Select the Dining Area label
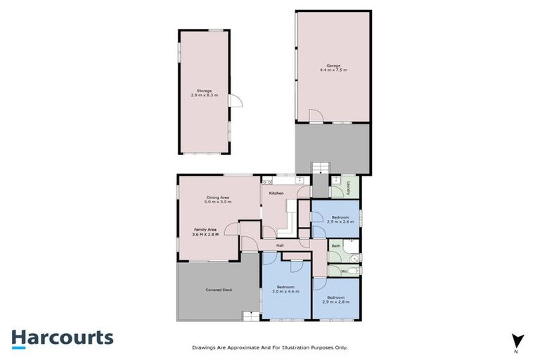point(218,200)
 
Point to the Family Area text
point(206,231)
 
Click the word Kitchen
point(276,193)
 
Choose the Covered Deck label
point(219,290)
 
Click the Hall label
point(279,245)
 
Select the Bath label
point(336,245)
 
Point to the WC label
point(344,270)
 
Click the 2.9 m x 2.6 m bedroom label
point(340,220)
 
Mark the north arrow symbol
point(517,340)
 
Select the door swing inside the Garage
point(316,117)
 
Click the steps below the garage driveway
point(320,167)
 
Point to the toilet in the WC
point(356,270)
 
